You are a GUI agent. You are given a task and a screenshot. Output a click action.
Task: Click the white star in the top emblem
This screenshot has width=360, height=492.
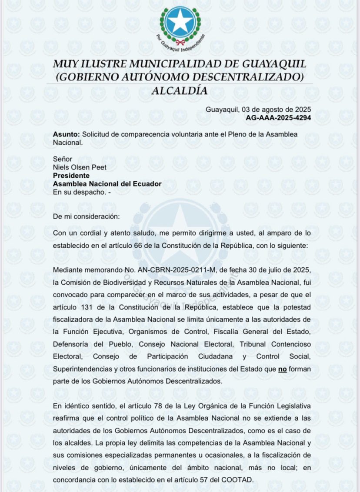(180, 21)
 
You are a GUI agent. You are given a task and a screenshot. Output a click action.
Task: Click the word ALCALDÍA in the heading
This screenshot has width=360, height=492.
(180, 91)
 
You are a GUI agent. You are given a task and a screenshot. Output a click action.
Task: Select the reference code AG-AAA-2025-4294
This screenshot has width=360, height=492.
(278, 117)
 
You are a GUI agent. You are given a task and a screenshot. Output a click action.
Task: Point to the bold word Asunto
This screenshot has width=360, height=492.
(66, 135)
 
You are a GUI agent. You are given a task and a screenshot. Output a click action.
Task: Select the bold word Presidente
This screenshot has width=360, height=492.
(71, 176)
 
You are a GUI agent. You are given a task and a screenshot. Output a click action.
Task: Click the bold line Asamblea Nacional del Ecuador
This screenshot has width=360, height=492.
(107, 184)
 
